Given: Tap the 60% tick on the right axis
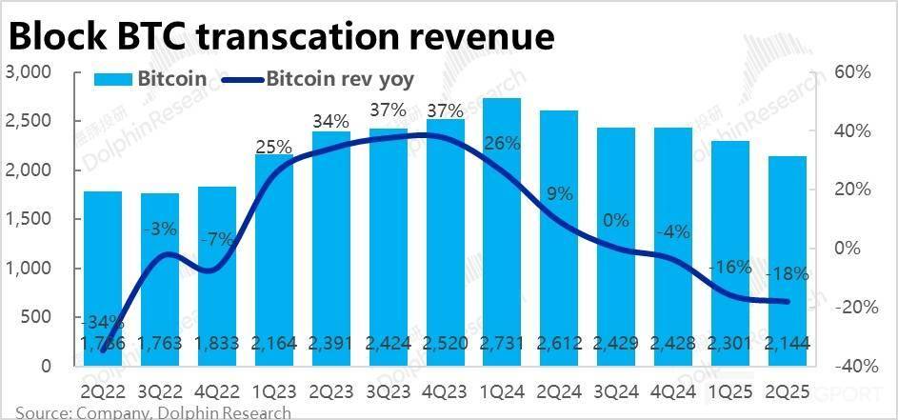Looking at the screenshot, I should (852, 72).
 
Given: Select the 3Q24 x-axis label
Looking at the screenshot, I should (615, 390).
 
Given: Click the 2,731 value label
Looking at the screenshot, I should (502, 343).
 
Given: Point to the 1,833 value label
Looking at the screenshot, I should (217, 343).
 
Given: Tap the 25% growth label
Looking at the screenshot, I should (273, 147).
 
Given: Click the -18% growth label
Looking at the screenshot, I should (788, 274).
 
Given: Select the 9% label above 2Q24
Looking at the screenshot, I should (560, 193).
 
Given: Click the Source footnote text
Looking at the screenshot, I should (152, 412).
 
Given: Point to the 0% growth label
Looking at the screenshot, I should (616, 221).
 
